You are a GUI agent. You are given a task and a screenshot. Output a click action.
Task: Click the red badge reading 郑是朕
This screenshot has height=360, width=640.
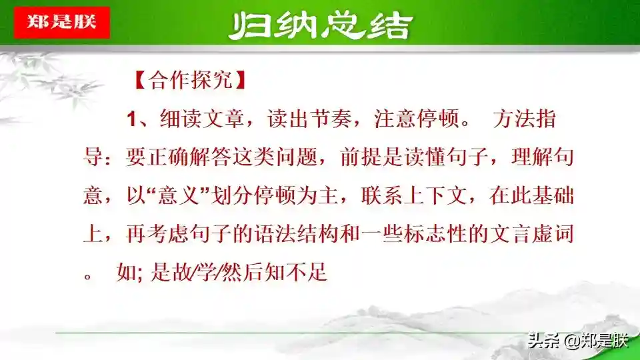click(x=61, y=23)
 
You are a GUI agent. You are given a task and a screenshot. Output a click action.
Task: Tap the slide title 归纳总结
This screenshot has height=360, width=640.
click(x=321, y=25)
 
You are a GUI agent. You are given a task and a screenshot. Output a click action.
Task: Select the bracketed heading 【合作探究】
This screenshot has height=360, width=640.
click(x=190, y=79)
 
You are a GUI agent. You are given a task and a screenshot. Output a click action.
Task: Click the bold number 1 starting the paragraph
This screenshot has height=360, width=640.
click(x=131, y=119)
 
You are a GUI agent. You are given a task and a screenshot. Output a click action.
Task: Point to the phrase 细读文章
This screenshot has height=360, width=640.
click(x=202, y=119)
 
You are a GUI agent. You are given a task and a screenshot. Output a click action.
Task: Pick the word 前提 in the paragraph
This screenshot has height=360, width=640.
click(x=361, y=157)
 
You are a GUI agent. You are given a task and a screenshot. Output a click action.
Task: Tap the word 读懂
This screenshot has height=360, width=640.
click(x=426, y=157)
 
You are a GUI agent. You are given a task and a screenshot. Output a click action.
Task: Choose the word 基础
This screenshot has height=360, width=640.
click(x=553, y=195)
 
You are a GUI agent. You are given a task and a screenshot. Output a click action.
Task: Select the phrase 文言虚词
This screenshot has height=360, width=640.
click(x=531, y=234)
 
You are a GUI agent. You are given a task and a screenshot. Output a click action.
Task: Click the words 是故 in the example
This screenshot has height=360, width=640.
click(x=171, y=272)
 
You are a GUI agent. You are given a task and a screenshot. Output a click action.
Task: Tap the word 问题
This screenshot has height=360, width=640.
click(x=297, y=157)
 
